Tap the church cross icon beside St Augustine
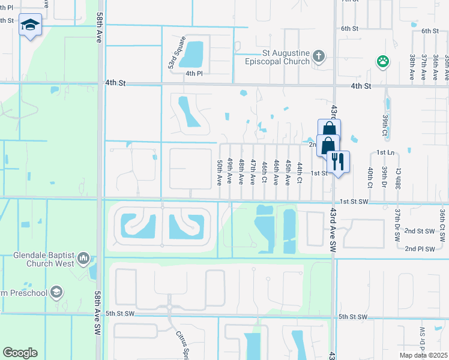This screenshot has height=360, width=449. [318, 57]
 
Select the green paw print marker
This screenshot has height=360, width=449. [382, 61]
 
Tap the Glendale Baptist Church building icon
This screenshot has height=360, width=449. [83, 259]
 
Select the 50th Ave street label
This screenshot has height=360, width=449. [219, 171]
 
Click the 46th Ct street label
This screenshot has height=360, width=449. [264, 171]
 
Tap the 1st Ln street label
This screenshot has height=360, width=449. [385, 153]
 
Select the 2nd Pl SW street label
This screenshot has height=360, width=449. [419, 248]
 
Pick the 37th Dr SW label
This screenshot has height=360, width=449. [397, 224]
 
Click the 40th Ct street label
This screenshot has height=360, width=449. [370, 178]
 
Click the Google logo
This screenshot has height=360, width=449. [20, 353]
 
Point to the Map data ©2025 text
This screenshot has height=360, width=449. [423, 355]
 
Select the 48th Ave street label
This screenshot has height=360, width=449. [241, 171]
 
